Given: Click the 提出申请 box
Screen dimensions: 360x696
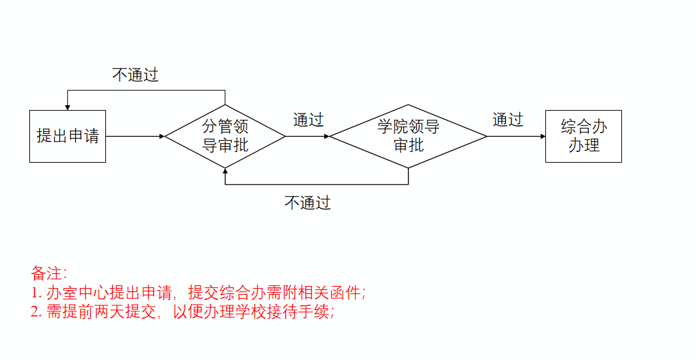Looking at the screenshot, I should [67, 136].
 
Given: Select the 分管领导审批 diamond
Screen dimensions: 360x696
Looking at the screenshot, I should [225, 136].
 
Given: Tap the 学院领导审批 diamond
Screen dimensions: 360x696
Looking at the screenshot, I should [408, 136].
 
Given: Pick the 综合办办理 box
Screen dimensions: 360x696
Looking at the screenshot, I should [583, 136].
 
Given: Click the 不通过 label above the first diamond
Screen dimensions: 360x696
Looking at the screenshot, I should [135, 75].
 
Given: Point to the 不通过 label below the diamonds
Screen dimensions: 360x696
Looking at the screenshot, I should [307, 203].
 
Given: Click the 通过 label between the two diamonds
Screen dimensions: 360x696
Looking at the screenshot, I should [308, 120].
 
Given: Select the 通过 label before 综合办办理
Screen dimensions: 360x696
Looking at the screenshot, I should [508, 120].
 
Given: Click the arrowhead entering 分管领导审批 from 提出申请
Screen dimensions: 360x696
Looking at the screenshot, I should [161, 136].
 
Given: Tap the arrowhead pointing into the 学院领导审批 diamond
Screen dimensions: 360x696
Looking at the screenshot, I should [326, 136].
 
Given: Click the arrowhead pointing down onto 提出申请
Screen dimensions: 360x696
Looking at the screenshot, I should [67, 107].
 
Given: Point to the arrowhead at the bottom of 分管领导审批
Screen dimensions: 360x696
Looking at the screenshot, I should [225, 171].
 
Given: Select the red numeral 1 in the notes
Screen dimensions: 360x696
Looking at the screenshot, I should [34, 293].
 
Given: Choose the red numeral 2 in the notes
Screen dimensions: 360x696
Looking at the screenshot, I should [35, 311].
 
